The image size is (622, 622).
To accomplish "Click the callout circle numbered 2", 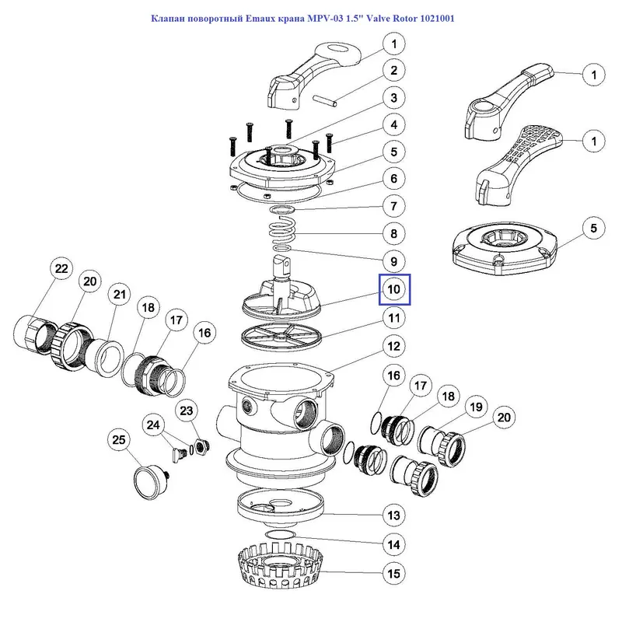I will pos(394,71).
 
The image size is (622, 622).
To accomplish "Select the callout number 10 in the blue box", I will pos(393,289).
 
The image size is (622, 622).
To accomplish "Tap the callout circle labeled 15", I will pos(394,574).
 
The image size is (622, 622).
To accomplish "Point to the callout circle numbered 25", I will pos(119,440).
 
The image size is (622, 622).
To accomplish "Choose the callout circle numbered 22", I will pos(60,269).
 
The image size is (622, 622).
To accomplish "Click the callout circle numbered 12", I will pos(394,345).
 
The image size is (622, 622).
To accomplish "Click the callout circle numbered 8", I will pos(394,232).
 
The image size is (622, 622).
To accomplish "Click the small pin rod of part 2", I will pos(329,101).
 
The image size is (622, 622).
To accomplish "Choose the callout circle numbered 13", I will pos(394,515).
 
